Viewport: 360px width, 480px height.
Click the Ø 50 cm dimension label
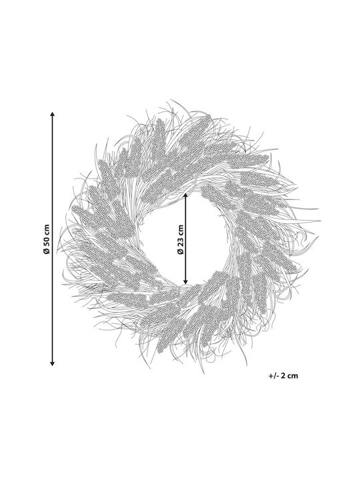(x=46, y=239)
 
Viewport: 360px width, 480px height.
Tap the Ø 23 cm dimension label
(x=180, y=239)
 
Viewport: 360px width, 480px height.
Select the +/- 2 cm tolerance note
(x=283, y=375)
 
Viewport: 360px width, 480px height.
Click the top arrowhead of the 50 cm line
(x=53, y=114)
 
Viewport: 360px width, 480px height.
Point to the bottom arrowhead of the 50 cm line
(x=53, y=364)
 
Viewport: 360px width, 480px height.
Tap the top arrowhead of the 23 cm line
(x=185, y=195)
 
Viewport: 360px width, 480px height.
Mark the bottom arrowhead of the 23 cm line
(x=185, y=281)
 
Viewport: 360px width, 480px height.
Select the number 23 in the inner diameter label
(x=180, y=241)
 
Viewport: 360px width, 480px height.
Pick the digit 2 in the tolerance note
(x=283, y=375)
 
